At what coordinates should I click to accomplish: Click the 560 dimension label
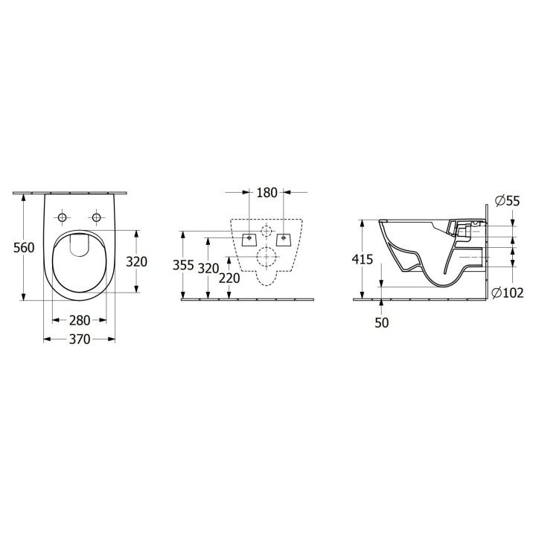tap(24, 247)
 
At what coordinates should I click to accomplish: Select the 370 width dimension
tap(80, 339)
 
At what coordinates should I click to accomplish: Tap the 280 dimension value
tap(80, 320)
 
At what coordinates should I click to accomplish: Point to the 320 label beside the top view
tap(137, 261)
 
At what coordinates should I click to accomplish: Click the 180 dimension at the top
tap(267, 193)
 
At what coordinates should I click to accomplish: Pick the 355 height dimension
tap(183, 265)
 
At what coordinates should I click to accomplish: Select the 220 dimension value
tap(230, 278)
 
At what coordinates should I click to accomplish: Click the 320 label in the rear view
tap(208, 268)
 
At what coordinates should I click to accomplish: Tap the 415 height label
tap(363, 260)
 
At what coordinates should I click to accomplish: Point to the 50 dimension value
tap(381, 322)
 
